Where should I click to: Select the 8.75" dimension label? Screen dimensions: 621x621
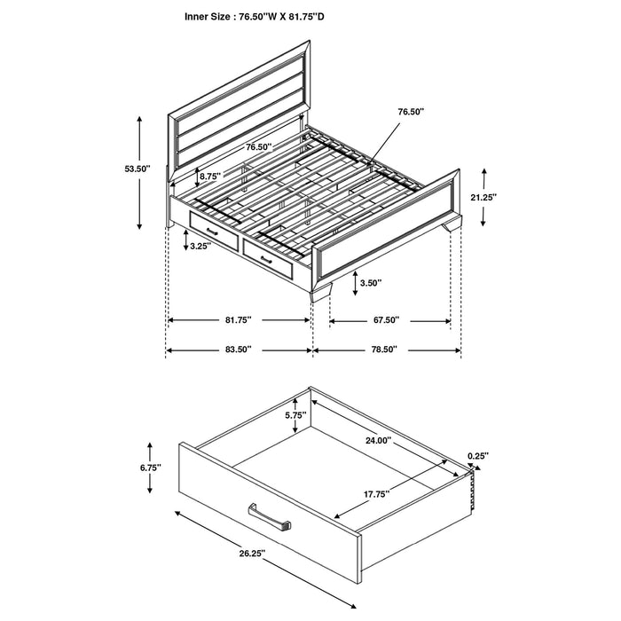[210, 177]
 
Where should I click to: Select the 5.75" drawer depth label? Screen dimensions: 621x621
[295, 414]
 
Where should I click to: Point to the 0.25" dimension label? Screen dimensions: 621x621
[477, 456]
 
